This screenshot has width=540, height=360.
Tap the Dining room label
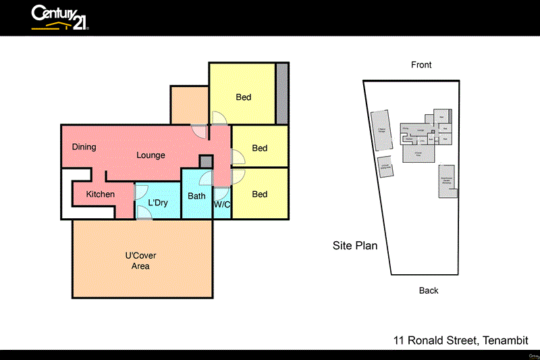[x=84, y=147]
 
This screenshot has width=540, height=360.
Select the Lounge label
[x=151, y=155]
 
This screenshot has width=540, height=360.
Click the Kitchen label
[x=100, y=195]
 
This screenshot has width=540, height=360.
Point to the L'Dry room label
[x=157, y=203]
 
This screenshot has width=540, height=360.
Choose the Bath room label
[x=196, y=197]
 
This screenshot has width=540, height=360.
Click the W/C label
[x=222, y=204]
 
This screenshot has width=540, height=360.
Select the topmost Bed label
[x=244, y=97]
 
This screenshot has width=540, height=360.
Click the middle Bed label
[x=259, y=149]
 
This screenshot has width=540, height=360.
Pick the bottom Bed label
[x=259, y=195]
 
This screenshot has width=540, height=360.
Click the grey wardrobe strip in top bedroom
[x=282, y=93]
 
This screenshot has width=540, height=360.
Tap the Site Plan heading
[x=355, y=246]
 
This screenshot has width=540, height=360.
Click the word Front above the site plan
[x=421, y=65]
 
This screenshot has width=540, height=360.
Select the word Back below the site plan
[x=429, y=290]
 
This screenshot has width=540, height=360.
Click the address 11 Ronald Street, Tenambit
[x=460, y=341]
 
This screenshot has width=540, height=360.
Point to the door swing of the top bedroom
[x=219, y=118]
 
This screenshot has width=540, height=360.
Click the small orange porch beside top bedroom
[x=188, y=105]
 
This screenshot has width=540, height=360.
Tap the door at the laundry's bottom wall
[x=144, y=213]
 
